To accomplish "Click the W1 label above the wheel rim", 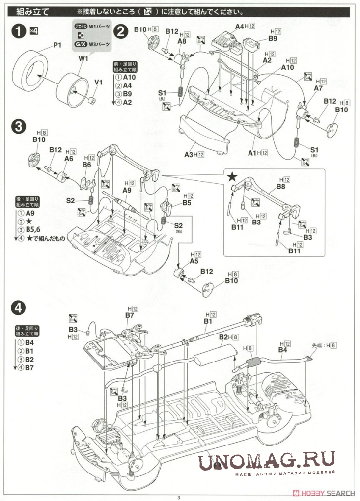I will [83, 59].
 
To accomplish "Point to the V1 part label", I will [98, 82].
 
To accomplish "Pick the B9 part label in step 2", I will [273, 38].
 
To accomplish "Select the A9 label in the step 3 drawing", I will [127, 190].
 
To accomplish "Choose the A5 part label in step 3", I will [194, 261].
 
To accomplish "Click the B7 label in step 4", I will [130, 315].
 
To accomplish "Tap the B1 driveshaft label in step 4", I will [208, 321].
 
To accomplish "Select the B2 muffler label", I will [223, 337].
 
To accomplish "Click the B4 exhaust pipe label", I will [282, 350].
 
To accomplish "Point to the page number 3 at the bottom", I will [179, 497].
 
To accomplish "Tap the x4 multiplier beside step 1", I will [33, 31].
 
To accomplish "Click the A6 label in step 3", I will [68, 159].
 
